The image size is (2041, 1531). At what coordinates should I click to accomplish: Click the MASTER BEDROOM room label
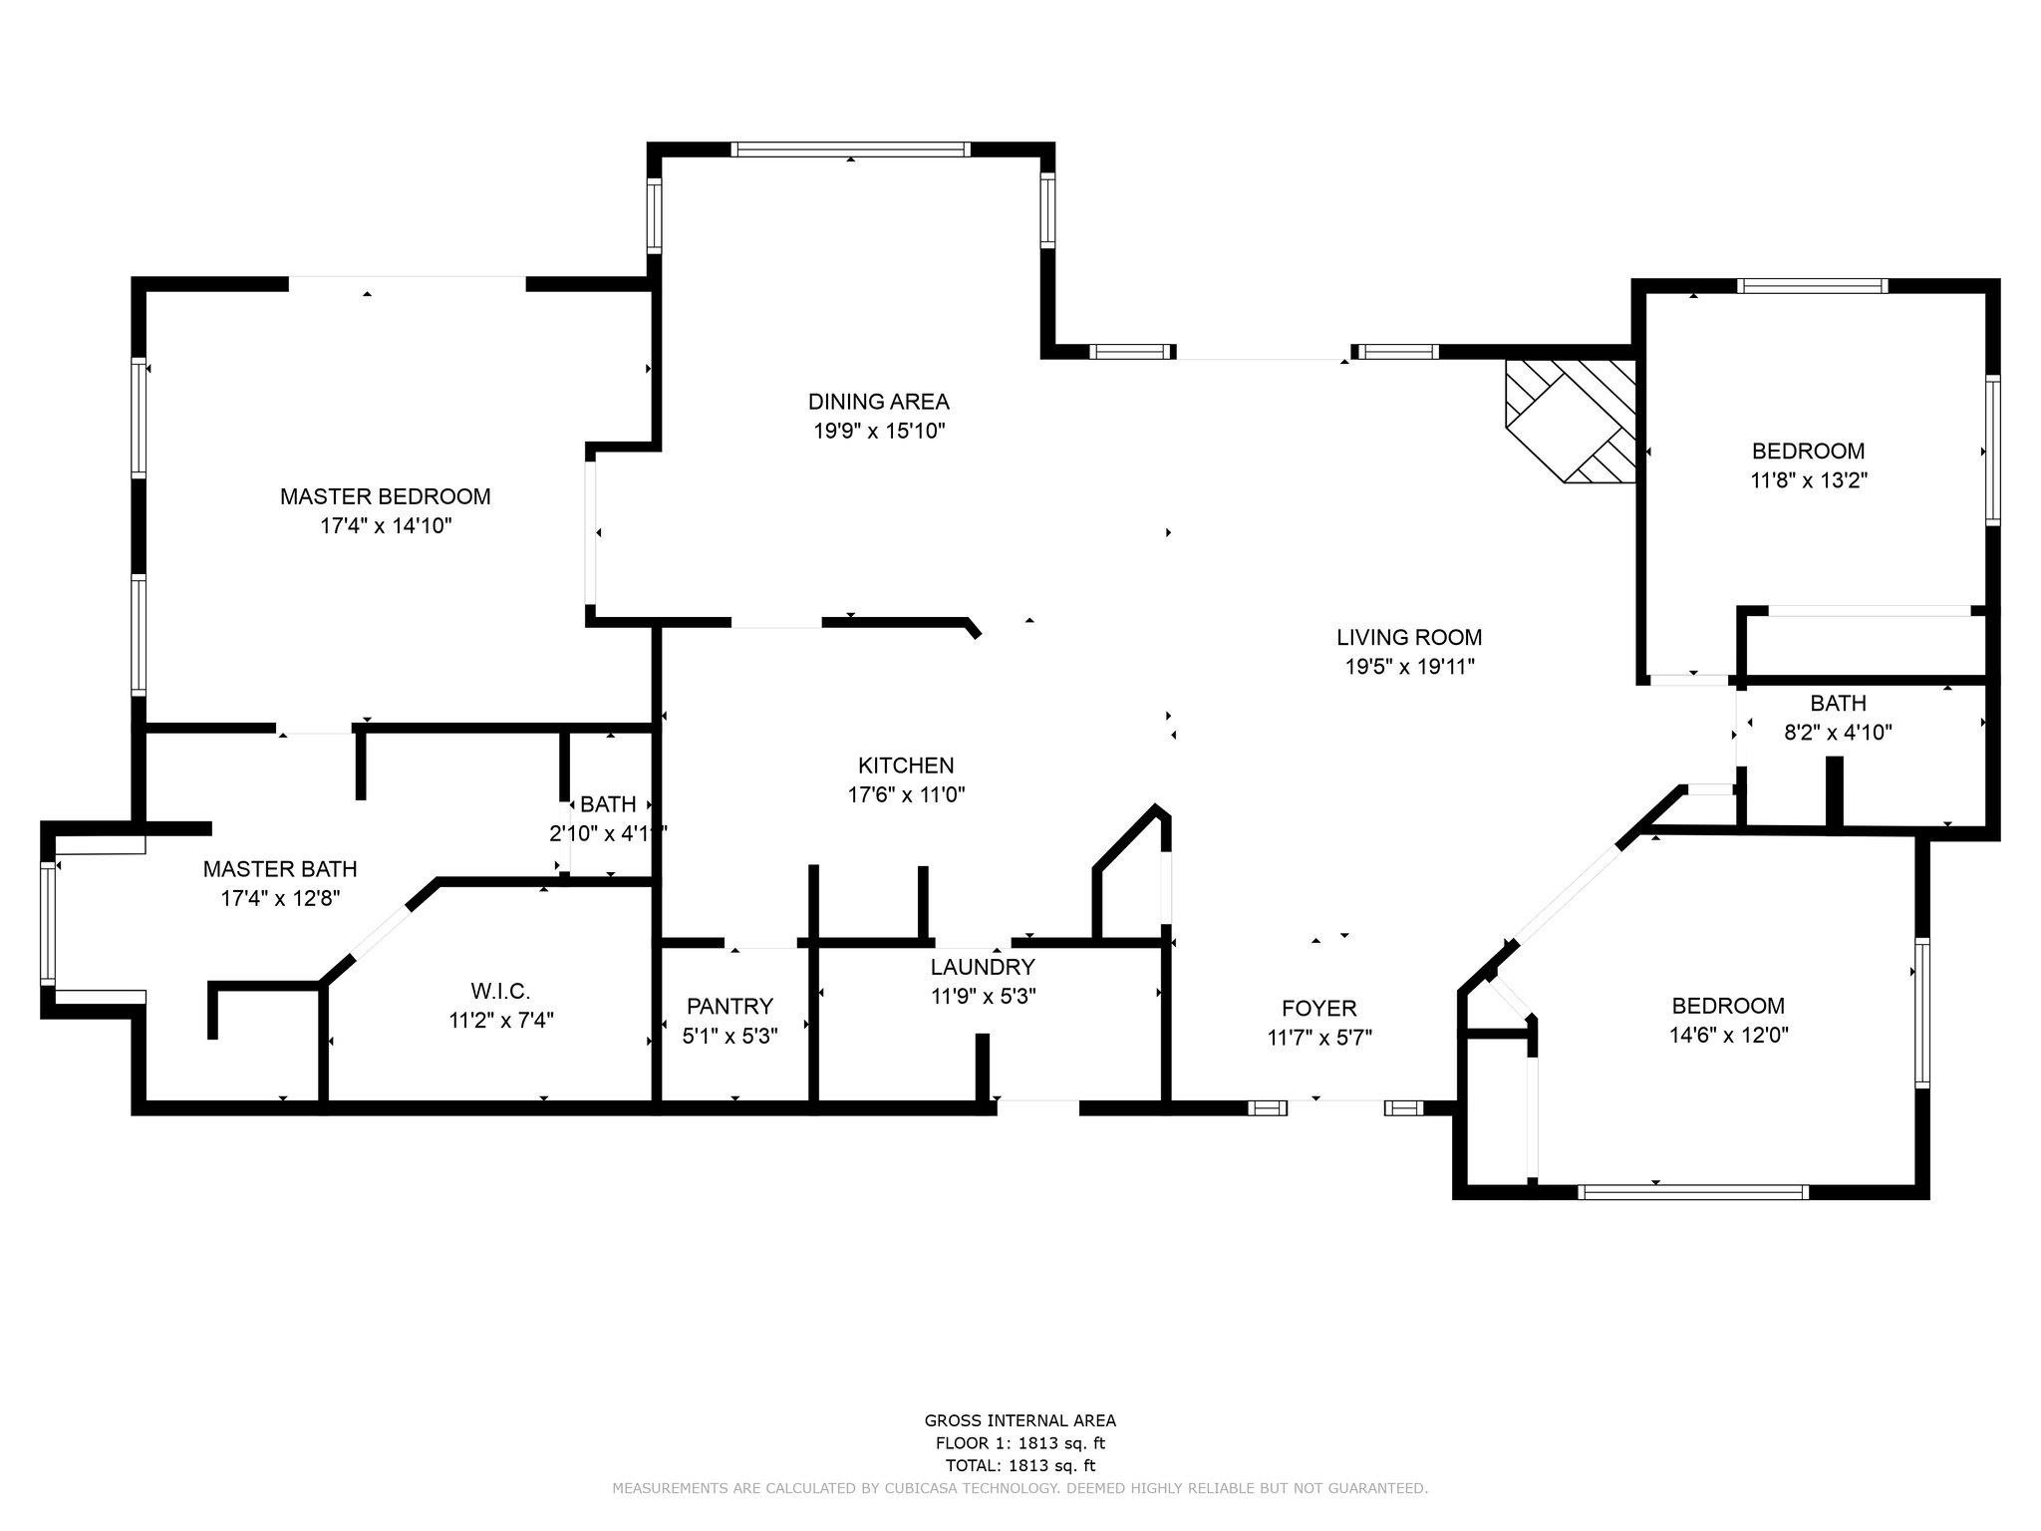tap(385, 496)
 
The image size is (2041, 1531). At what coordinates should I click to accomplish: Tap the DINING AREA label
tap(878, 402)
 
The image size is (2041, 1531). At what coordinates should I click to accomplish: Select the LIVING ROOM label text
tap(1409, 637)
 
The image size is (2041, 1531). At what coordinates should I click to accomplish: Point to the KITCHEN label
tap(906, 765)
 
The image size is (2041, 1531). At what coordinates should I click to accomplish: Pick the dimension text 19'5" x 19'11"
tap(1409, 667)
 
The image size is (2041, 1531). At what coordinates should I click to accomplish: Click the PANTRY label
tap(729, 1007)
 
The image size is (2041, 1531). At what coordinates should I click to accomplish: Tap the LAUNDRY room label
tap(983, 967)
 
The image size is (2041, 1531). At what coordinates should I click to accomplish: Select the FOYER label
tap(1319, 1009)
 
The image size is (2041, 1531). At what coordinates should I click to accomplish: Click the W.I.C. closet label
tap(500, 991)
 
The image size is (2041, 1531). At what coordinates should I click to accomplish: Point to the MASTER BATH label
tap(280, 869)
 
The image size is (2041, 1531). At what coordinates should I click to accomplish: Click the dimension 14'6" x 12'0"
tap(1729, 1036)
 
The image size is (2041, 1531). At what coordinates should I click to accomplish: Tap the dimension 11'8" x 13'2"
tap(1809, 480)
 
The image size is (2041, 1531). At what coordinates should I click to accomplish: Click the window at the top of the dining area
tap(850, 150)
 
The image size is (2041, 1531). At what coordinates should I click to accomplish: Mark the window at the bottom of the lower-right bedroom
tap(1693, 1191)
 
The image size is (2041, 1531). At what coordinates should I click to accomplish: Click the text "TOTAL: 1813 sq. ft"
tap(1020, 1466)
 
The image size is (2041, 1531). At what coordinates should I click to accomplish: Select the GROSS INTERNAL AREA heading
tap(1020, 1421)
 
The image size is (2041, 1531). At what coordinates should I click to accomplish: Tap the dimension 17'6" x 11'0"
tap(906, 795)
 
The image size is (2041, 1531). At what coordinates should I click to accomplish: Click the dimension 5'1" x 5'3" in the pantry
tap(729, 1037)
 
